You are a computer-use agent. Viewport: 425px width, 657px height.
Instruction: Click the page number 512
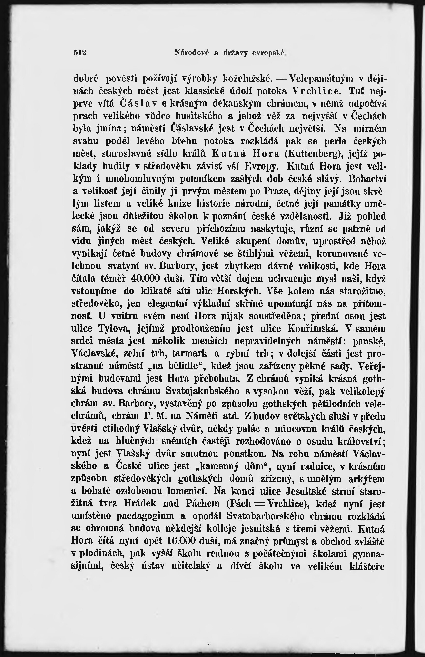click(80, 53)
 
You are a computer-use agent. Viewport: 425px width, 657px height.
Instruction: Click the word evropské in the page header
click(268, 53)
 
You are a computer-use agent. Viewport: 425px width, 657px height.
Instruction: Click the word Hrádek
click(139, 504)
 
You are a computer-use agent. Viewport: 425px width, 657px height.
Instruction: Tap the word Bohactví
click(367, 179)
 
